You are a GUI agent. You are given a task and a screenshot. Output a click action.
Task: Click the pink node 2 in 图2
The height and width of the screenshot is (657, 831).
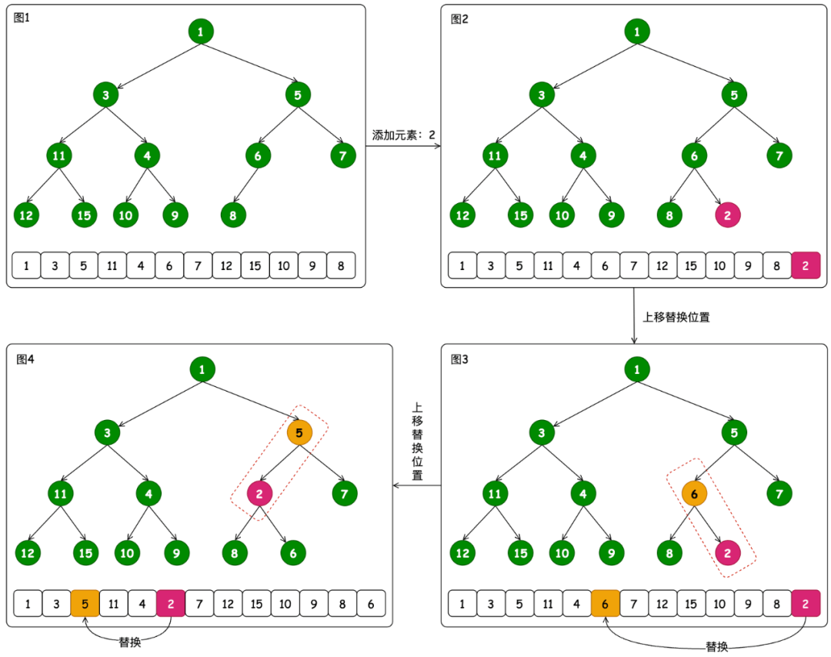click(x=728, y=215)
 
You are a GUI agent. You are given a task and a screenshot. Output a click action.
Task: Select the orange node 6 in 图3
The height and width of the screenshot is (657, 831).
click(x=694, y=493)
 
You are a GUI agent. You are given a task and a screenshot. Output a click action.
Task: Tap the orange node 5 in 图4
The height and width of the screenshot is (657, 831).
click(x=299, y=433)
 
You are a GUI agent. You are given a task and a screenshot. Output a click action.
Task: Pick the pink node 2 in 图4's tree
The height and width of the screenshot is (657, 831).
click(x=259, y=493)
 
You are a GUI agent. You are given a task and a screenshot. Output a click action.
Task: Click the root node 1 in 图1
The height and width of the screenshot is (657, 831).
click(x=201, y=32)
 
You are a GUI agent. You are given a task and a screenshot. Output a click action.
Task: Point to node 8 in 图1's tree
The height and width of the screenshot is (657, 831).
click(x=233, y=215)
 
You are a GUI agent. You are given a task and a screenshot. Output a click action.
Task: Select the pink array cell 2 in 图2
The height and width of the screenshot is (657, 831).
click(x=806, y=265)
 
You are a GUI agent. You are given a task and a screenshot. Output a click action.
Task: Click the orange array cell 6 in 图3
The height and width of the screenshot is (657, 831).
click(x=606, y=603)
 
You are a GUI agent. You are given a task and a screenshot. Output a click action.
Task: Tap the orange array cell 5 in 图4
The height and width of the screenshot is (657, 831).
click(x=85, y=603)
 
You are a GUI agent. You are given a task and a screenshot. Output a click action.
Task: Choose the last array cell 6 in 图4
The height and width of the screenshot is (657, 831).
click(x=371, y=603)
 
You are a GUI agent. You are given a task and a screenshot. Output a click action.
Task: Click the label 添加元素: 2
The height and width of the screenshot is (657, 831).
click(x=403, y=135)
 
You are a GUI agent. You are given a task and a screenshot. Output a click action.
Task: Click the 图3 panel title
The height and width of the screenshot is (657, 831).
click(x=459, y=359)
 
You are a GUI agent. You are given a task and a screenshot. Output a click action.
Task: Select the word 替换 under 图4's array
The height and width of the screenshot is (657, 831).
click(x=129, y=642)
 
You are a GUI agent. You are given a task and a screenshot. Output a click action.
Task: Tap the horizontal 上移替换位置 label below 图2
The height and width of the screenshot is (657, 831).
click(x=676, y=316)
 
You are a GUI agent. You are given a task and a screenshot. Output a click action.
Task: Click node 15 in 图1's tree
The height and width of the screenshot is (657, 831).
click(x=85, y=215)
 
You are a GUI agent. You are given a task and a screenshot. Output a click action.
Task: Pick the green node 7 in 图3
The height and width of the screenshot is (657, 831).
click(x=779, y=493)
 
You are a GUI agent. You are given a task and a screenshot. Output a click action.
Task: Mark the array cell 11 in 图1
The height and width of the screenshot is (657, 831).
click(x=112, y=265)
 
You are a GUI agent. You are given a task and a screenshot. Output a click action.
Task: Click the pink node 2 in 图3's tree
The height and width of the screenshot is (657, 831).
click(x=728, y=552)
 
